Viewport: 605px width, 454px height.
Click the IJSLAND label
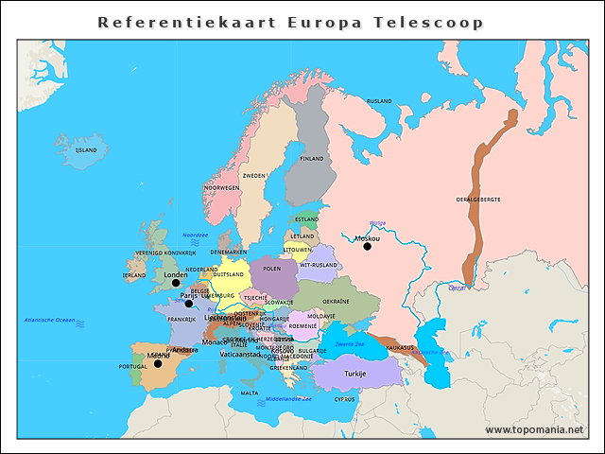(86, 149)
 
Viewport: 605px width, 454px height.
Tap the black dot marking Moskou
(368, 246)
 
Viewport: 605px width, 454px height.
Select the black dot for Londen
(175, 283)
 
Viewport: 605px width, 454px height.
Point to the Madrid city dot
(158, 363)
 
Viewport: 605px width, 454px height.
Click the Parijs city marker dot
(189, 303)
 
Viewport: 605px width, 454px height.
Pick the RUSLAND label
(379, 100)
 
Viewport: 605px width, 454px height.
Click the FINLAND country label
(311, 159)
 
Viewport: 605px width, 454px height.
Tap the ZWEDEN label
(254, 176)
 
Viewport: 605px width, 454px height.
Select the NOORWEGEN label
(221, 187)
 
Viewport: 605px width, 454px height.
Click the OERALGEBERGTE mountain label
(478, 200)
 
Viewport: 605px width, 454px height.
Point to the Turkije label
(354, 374)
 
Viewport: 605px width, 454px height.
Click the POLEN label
(272, 269)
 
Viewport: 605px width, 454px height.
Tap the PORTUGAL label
(132, 366)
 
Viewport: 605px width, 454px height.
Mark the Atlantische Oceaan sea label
(49, 321)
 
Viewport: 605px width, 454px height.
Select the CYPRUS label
(344, 399)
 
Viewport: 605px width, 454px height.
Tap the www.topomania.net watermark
(534, 429)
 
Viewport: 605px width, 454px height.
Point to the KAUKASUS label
(400, 347)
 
